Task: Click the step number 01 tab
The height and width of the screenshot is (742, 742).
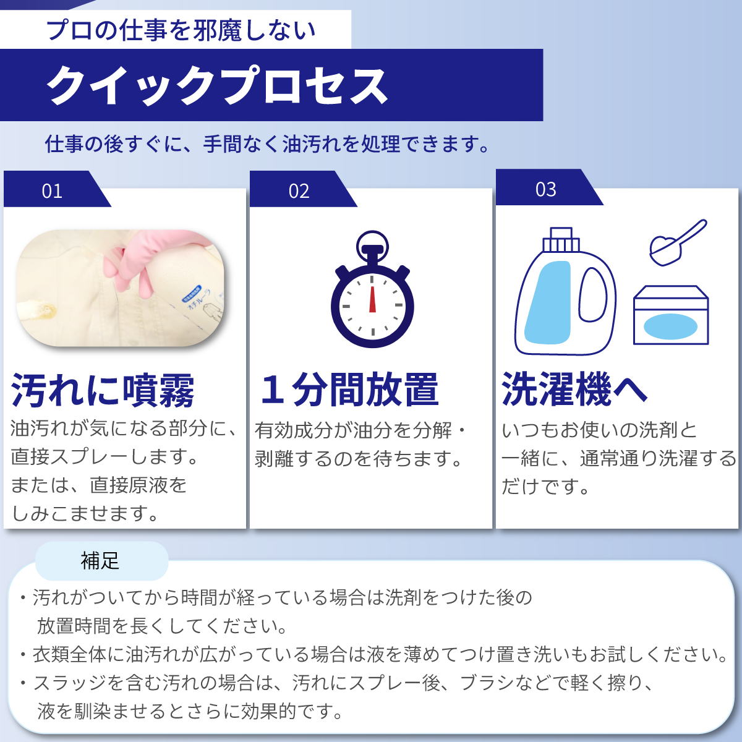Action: [x=53, y=190]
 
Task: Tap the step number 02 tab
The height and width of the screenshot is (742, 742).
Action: [x=299, y=190]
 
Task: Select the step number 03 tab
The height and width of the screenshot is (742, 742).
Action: [x=545, y=189]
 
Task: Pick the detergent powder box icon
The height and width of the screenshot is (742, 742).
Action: [x=670, y=315]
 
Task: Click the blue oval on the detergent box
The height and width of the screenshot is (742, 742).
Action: [x=670, y=326]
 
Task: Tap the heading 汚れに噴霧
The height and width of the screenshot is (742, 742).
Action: [x=103, y=390]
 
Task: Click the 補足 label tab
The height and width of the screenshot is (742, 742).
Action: [x=101, y=561]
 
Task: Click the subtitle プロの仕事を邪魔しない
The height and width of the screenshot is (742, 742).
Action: [x=181, y=30]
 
